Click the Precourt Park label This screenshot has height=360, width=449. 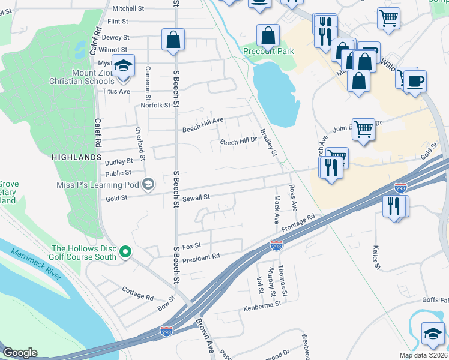pyautogui.click(x=268, y=51)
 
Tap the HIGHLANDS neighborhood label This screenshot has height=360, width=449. pyautogui.click(x=76, y=157)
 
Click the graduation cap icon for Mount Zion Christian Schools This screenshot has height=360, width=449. pyautogui.click(x=124, y=66)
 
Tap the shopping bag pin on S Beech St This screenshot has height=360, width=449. pyautogui.click(x=173, y=40)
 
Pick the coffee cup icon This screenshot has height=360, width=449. pyautogui.click(x=414, y=80)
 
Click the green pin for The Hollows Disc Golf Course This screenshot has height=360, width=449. pyautogui.click(x=125, y=252)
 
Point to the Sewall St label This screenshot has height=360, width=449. pyautogui.click(x=196, y=197)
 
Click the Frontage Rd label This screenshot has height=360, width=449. pyautogui.click(x=298, y=224)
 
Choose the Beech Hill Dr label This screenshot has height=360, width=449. pyautogui.click(x=238, y=142)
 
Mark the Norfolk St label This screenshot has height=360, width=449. pyautogui.click(x=155, y=106)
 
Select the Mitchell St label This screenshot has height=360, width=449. pyautogui.click(x=129, y=8)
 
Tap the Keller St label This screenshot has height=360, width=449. pyautogui.click(x=378, y=256)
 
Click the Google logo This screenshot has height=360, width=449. pyautogui.click(x=20, y=353)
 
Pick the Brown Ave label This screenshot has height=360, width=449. pyautogui.click(x=204, y=335)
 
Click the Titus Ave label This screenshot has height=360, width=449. pyautogui.click(x=116, y=91)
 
